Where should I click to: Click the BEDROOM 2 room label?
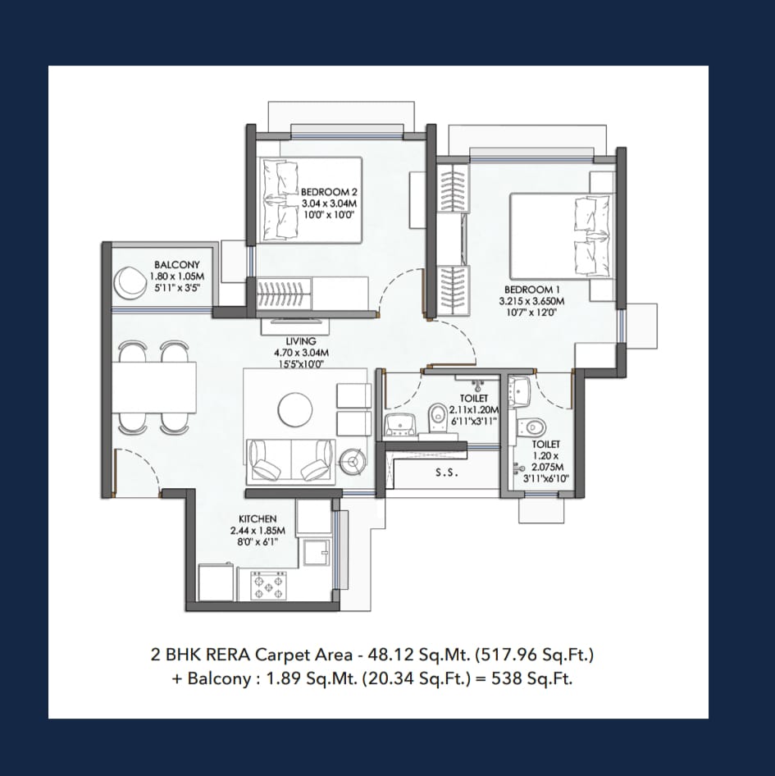point(329,191)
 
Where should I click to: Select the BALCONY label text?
point(176,265)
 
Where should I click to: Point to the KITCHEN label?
point(258,518)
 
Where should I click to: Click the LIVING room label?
point(301,341)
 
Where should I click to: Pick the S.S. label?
point(447,472)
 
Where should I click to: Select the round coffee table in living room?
point(295,409)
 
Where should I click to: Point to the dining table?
point(154,387)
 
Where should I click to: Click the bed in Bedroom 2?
point(311,200)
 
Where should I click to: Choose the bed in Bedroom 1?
point(563,236)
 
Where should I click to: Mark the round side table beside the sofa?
point(353,462)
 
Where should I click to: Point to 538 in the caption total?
point(506,678)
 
